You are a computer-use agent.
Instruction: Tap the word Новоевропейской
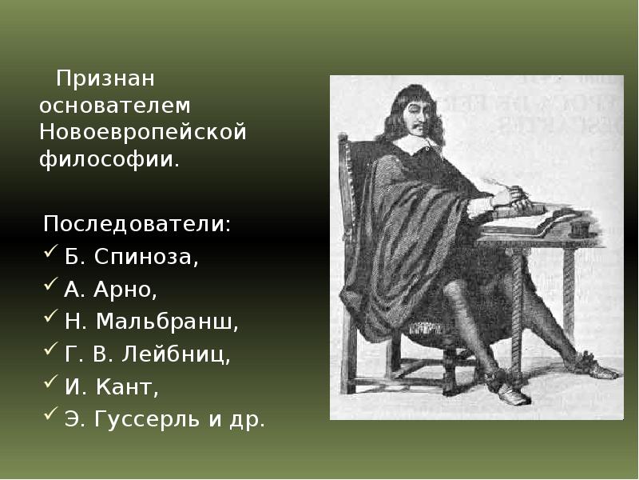pyautogui.click(x=141, y=131)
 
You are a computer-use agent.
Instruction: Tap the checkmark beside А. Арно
pyautogui.click(x=50, y=286)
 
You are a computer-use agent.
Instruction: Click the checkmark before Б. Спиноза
pyautogui.click(x=50, y=254)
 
